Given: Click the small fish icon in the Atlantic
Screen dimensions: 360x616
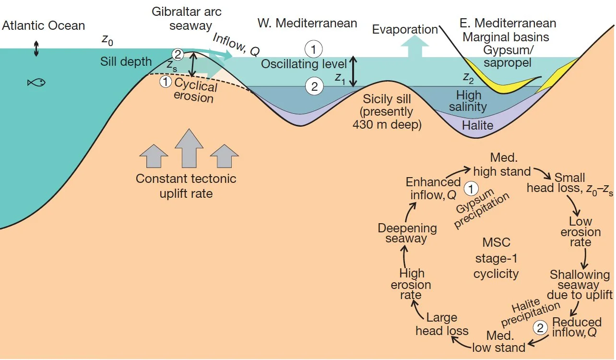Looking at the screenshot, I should (36, 83).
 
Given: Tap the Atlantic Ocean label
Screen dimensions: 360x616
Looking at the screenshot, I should (43, 25).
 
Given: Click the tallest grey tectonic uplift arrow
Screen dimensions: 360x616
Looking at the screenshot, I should (189, 150).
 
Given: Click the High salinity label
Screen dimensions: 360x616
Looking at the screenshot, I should (468, 101).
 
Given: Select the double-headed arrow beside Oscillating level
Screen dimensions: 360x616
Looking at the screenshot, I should (353, 72).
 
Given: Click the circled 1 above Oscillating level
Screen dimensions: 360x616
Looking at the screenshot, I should (314, 49).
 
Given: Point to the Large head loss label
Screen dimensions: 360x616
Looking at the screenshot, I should (441, 324).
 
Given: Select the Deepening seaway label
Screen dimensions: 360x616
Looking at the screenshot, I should (407, 233).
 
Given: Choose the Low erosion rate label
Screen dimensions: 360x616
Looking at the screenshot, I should (580, 232).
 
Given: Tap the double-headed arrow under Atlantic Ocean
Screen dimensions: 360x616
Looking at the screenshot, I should (36, 49).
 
